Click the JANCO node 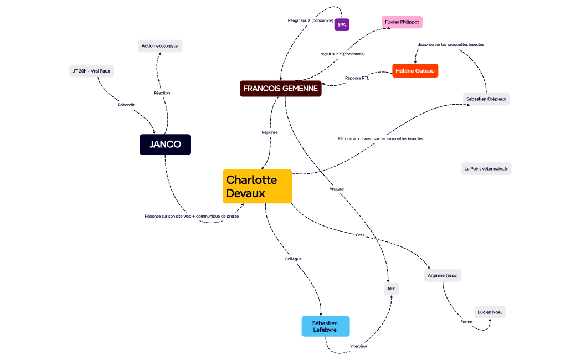click(x=165, y=145)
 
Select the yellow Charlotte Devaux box click(x=257, y=186)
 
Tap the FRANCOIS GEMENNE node click(x=281, y=89)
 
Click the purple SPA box click(x=342, y=24)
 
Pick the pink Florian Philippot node click(x=402, y=22)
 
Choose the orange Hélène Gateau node click(x=415, y=71)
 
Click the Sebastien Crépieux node click(x=486, y=99)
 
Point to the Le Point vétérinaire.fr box click(x=486, y=168)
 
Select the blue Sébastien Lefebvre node click(x=326, y=326)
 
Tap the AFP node click(x=392, y=289)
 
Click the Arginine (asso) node click(x=443, y=275)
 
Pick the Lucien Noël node click(x=490, y=312)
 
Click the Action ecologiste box click(x=160, y=46)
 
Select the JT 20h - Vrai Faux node click(x=91, y=71)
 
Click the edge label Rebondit click(x=126, y=105)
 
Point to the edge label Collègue click(x=293, y=259)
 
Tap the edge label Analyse click(x=337, y=189)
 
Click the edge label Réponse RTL click(x=357, y=78)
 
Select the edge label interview click(x=358, y=346)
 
